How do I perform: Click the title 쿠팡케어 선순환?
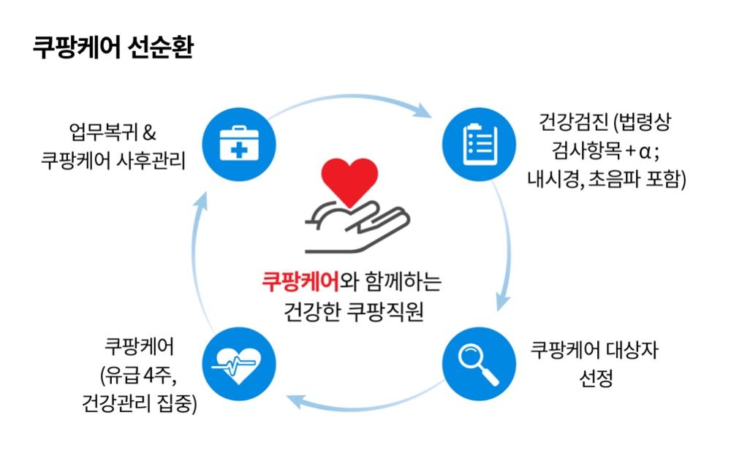pyautogui.click(x=113, y=47)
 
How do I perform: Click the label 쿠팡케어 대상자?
pyautogui.click(x=594, y=349)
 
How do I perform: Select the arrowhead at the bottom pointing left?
pyautogui.click(x=292, y=399)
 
